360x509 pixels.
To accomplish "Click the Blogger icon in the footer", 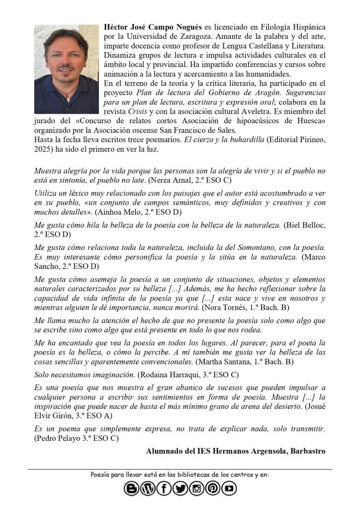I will [132, 489].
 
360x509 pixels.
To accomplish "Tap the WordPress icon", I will [148, 489].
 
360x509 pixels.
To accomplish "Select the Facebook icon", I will [164, 489].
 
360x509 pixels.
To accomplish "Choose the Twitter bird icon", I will [180, 489].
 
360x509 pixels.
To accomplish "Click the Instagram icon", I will [196, 489].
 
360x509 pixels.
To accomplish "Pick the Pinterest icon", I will [212, 489].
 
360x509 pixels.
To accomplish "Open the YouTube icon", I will [229, 489].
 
